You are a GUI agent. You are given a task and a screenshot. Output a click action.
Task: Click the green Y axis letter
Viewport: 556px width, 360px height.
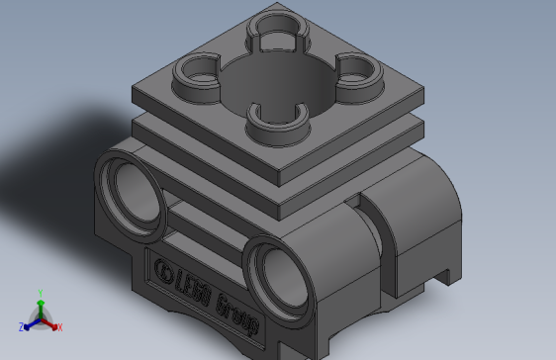pyautogui.click(x=39, y=293)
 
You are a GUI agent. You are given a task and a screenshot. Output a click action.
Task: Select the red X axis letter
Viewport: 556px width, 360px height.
pyautogui.click(x=59, y=326)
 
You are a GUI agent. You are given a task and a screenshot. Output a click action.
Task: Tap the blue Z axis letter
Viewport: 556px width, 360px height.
pyautogui.click(x=21, y=326)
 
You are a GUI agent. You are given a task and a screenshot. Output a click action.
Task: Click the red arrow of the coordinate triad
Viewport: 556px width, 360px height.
pyautogui.click(x=50, y=322)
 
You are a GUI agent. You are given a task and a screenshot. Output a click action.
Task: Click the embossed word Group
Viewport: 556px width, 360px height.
pyautogui.click(x=236, y=310)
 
